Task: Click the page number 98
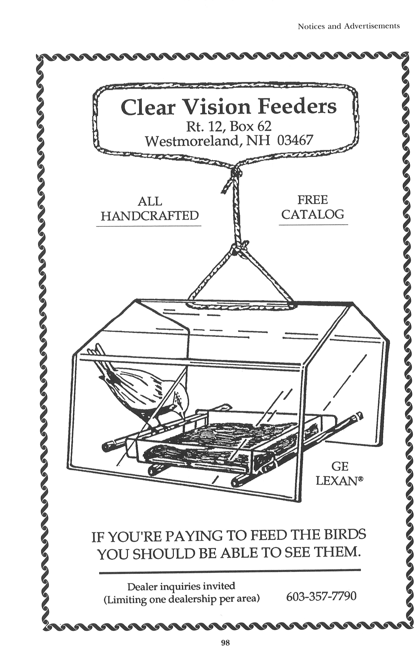tap(225, 635)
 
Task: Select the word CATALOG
tap(313, 214)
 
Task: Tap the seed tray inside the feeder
tap(212, 439)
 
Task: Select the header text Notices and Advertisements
tap(349, 26)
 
